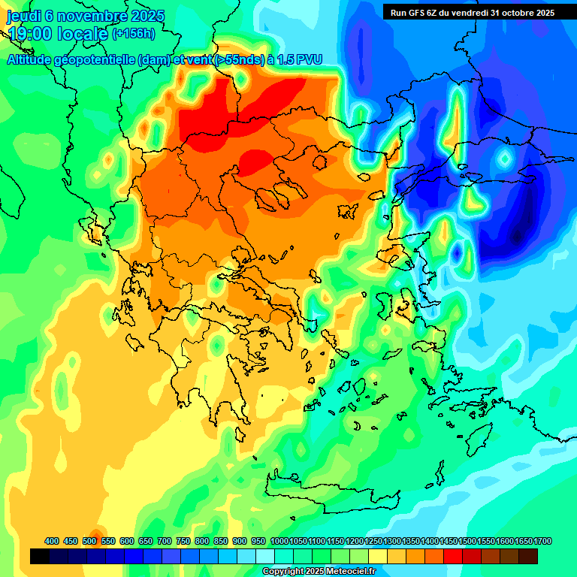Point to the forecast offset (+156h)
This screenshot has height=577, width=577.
coord(134,34)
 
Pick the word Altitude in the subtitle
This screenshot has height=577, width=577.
coord(32,61)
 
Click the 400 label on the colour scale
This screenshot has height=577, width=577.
coord(52,541)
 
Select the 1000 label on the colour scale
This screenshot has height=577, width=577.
coord(279,541)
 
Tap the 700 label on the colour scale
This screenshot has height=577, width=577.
coord(165,541)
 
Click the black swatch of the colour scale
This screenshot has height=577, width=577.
coord(40,557)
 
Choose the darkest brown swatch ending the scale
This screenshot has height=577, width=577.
coord(528,557)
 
